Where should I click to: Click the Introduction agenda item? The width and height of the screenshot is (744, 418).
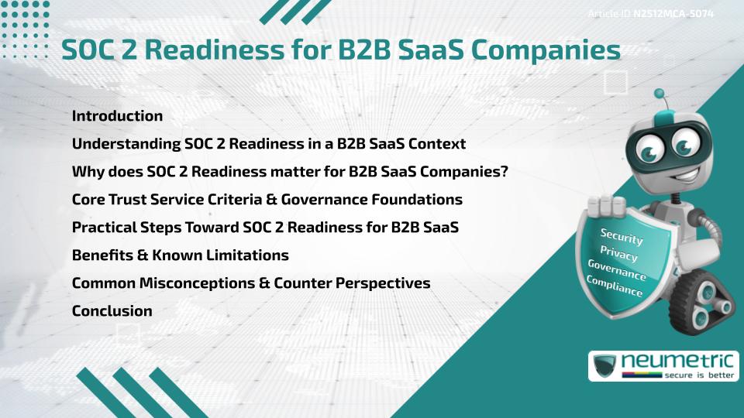(117, 116)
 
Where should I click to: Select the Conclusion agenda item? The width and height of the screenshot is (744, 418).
(112, 311)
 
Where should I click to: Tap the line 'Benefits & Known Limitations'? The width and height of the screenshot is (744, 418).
(180, 255)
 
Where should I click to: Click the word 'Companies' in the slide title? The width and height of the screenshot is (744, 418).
(546, 50)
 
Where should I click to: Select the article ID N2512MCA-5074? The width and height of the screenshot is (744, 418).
(673, 14)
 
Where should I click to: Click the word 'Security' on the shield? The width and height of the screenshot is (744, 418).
(622, 236)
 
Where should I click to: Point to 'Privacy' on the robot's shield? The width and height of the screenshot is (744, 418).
(618, 253)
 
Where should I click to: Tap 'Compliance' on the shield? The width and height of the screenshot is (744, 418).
(615, 286)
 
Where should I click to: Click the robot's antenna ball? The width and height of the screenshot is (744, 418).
(660, 97)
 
